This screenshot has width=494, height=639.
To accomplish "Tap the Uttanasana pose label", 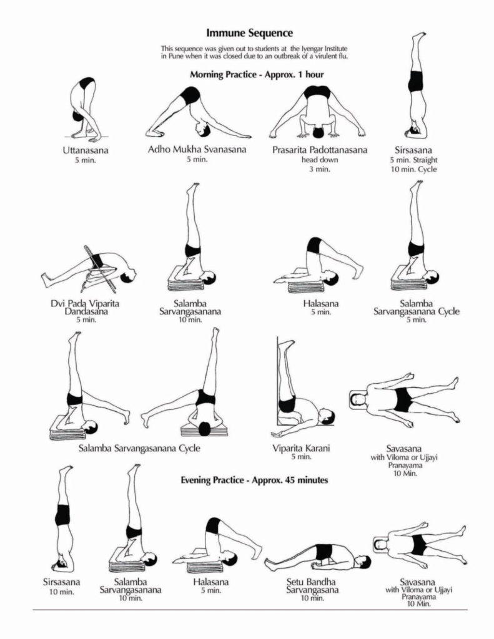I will (x=85, y=150).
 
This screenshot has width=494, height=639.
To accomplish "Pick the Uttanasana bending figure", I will (x=84, y=109).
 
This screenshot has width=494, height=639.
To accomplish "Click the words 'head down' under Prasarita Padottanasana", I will (x=319, y=160).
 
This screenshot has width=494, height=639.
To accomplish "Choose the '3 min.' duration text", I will (x=319, y=169).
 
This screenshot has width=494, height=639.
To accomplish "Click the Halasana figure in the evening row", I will (x=217, y=543).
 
